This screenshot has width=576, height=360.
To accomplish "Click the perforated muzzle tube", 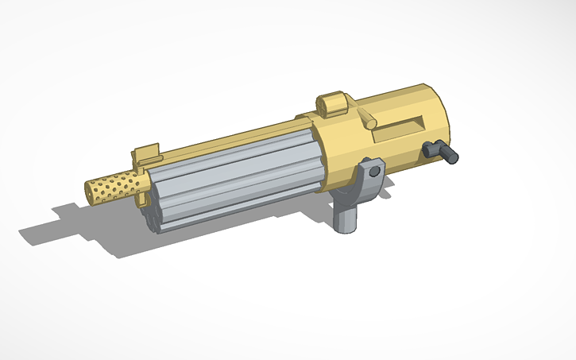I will (x=115, y=188).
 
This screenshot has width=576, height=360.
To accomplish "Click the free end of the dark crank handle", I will (x=453, y=157).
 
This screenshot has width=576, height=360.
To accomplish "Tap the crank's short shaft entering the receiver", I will (x=431, y=147).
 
